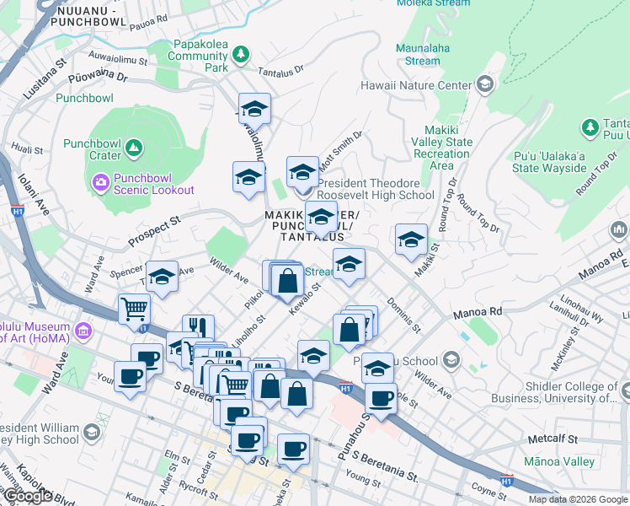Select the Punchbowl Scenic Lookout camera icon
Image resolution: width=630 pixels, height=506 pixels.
click(101, 181)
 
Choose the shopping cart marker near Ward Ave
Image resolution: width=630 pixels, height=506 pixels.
click(134, 309)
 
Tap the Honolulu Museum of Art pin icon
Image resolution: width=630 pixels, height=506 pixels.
click(83, 328)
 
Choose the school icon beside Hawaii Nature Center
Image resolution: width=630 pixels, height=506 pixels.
click(485, 84)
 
